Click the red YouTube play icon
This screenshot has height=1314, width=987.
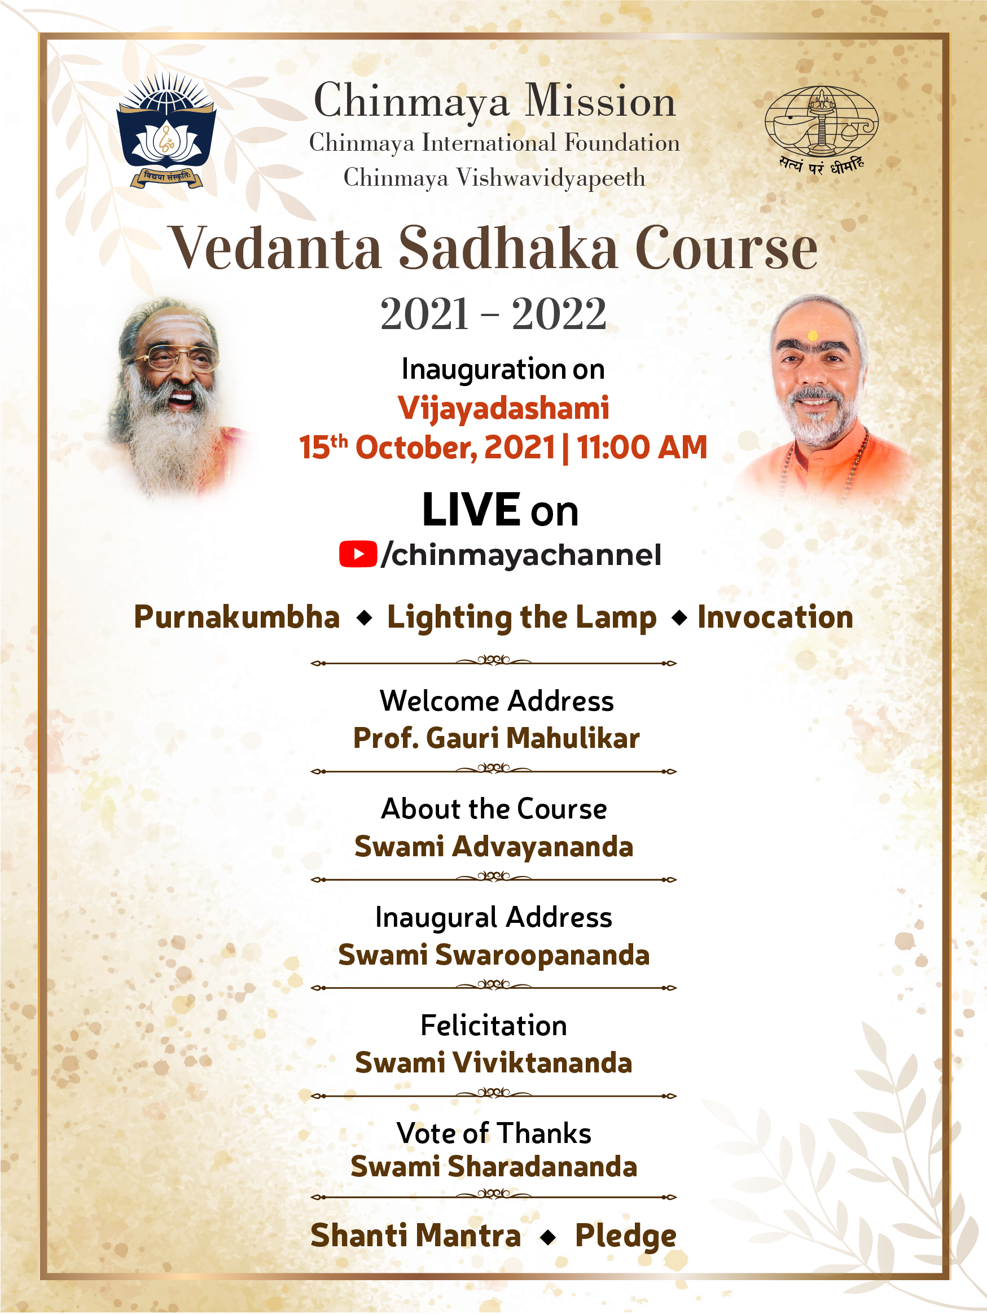358,554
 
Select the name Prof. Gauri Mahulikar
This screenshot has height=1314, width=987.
497,738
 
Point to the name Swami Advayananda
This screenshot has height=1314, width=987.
494,847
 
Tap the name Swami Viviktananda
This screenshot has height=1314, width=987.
494,1063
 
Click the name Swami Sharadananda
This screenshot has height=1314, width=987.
494,1166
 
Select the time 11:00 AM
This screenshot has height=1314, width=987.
642,447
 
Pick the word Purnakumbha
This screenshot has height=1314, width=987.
237,617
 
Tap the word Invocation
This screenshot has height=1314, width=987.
775,616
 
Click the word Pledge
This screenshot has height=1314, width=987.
626,1237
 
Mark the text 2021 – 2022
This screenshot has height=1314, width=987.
493,314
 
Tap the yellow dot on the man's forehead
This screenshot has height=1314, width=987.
813,336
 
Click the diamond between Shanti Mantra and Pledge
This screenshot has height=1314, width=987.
548,1237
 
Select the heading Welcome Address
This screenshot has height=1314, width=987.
497,701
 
